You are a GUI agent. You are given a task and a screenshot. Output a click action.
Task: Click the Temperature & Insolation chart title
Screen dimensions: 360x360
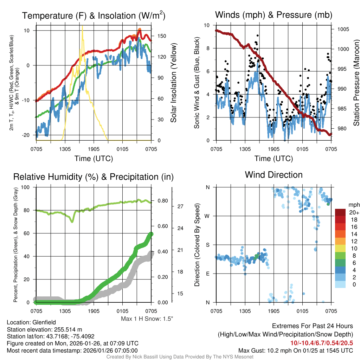[x=94, y=16]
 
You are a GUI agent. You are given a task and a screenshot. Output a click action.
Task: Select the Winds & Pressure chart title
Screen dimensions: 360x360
[x=274, y=15]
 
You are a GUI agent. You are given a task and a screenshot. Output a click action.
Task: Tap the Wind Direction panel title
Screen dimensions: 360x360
[x=274, y=175]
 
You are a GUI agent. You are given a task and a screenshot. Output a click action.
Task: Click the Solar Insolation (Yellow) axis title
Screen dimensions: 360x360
[x=173, y=83]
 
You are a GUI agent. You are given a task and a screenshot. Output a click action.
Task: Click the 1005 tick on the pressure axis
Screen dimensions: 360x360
[x=342, y=29]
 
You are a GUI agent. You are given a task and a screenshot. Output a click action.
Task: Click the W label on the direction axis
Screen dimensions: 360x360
[x=207, y=216]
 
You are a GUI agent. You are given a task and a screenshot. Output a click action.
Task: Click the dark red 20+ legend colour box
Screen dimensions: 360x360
[x=341, y=212]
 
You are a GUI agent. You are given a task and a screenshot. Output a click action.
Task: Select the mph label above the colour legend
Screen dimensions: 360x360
[x=353, y=205]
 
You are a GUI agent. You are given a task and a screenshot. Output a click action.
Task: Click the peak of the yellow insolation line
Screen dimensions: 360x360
[x=82, y=26]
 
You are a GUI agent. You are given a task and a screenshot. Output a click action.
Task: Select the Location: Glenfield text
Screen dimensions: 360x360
[x=31, y=322]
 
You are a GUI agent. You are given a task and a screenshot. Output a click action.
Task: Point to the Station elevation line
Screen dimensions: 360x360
[x=44, y=329]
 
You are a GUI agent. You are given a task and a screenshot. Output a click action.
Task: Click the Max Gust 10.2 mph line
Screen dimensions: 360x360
[x=295, y=350]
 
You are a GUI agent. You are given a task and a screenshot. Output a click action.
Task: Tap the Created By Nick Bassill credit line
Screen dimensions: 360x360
[x=180, y=357]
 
